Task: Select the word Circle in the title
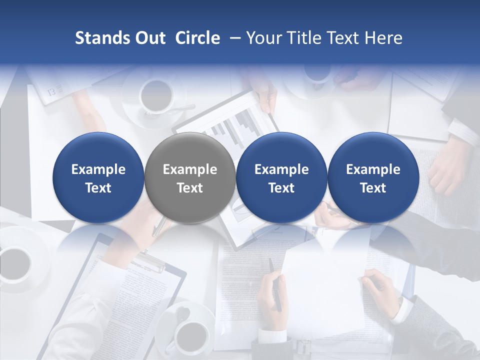197,38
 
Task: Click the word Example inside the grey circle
190,170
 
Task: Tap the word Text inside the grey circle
190,188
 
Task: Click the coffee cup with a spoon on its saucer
156,95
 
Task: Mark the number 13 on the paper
51,91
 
